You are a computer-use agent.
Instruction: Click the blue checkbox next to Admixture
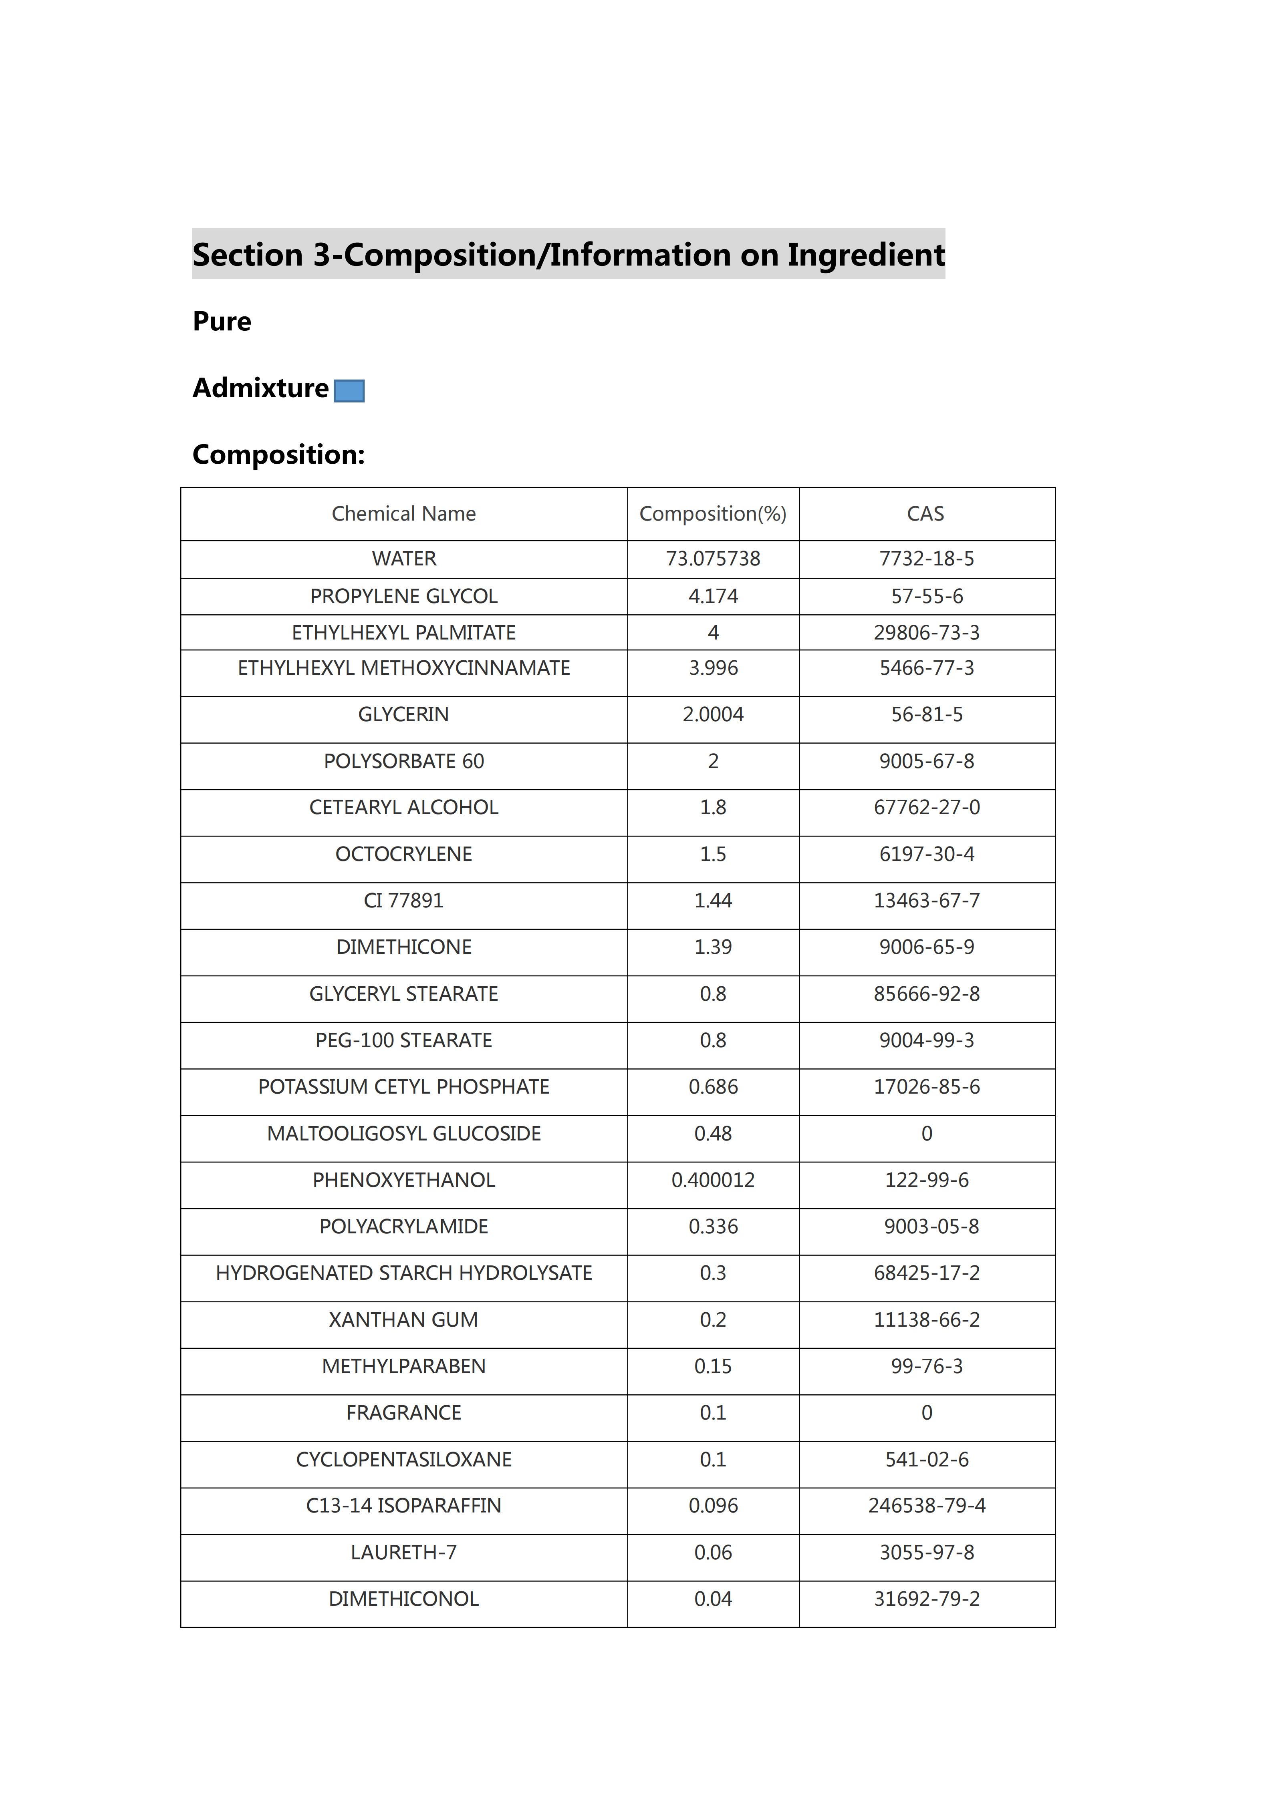(x=349, y=391)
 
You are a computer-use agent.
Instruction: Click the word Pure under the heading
(x=222, y=322)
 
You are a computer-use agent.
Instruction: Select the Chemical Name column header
(x=403, y=514)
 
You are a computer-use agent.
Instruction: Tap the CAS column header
(x=926, y=514)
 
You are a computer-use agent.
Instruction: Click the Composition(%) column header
(x=713, y=514)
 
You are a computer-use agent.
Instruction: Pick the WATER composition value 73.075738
(x=713, y=558)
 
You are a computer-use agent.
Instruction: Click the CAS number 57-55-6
(x=927, y=596)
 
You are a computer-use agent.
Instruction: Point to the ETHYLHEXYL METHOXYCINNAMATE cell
(x=403, y=668)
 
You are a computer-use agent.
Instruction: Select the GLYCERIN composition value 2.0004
(x=713, y=714)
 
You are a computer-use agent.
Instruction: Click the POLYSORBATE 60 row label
(x=403, y=761)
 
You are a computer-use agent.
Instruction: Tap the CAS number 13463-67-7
(x=927, y=901)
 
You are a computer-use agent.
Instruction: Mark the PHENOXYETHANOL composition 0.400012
(x=713, y=1180)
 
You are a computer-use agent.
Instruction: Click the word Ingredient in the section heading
(x=865, y=255)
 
